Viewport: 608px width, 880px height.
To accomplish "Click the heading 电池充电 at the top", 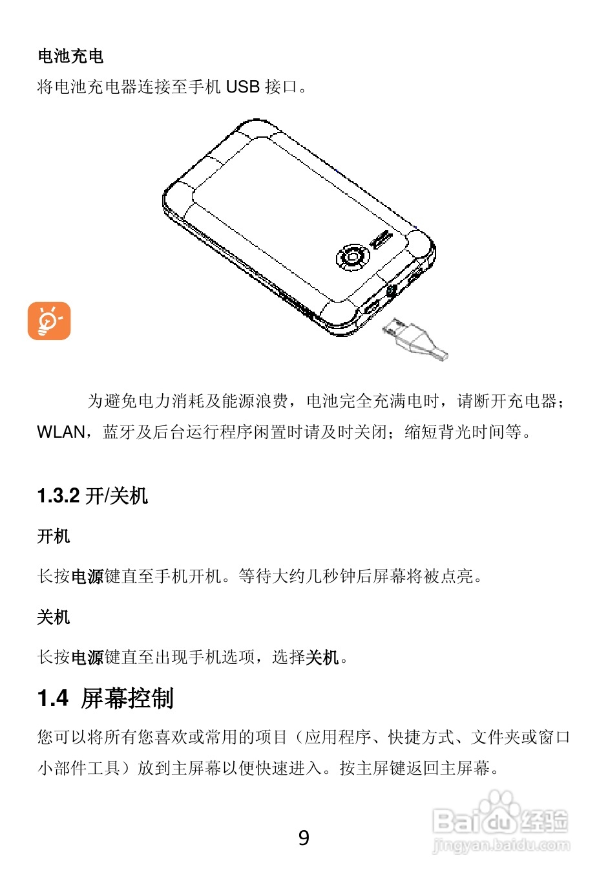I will [x=70, y=56].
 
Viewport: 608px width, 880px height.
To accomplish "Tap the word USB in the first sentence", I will [x=242, y=87].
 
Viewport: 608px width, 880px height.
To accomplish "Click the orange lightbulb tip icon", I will [x=49, y=321].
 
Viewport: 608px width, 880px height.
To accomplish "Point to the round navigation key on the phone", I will [x=352, y=257].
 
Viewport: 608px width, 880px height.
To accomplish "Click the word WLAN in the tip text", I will [x=61, y=432].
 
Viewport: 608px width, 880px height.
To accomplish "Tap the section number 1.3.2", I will [x=58, y=496].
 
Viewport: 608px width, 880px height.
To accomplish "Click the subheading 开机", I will [x=54, y=536].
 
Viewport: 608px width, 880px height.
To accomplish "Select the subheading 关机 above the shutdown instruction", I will [x=54, y=617].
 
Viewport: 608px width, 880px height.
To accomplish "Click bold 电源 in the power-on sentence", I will [x=87, y=576].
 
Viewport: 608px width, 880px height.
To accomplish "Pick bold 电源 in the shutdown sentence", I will [x=87, y=658].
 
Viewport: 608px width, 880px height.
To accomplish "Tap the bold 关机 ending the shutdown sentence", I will [x=322, y=658].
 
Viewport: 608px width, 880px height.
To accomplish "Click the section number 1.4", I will [x=53, y=698].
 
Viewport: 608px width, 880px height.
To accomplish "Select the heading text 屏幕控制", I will [x=127, y=698].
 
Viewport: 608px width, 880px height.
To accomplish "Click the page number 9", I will [x=304, y=838].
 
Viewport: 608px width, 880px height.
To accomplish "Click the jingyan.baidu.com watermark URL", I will [x=501, y=844].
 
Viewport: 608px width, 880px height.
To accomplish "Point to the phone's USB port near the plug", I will [x=371, y=306].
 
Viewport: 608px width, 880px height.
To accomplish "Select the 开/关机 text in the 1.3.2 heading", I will [x=117, y=496].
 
